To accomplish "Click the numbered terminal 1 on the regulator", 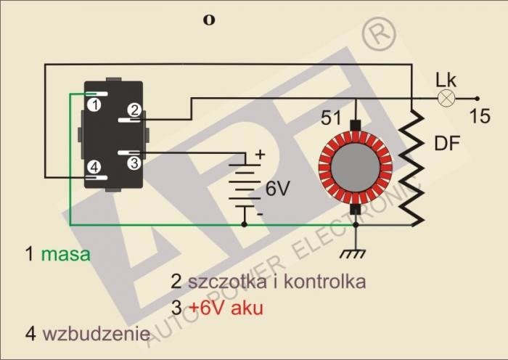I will (94, 105).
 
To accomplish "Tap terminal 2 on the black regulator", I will (134, 110).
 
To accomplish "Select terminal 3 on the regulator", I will (134, 163).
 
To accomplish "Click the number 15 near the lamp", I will (479, 115).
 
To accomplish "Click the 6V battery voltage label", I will (277, 189).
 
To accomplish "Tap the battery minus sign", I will (260, 215).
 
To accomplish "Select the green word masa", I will (66, 255).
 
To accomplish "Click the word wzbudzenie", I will (96, 334).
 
